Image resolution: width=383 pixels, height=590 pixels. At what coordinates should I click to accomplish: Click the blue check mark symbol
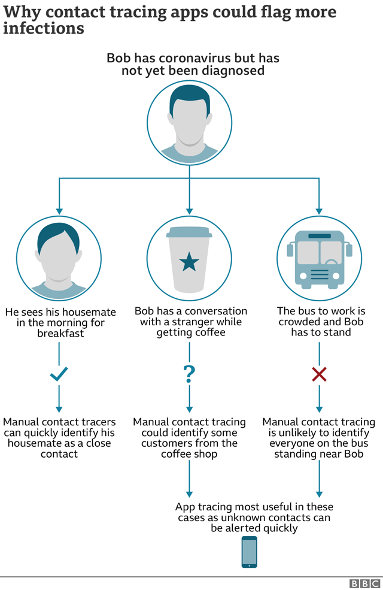(59, 375)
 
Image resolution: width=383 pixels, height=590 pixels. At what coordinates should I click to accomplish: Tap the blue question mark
(189, 374)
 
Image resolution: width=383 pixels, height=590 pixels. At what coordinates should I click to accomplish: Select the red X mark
(319, 375)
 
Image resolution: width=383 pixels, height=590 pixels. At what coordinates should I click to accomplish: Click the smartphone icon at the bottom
(250, 552)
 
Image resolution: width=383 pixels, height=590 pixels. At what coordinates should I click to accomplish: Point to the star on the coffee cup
(189, 262)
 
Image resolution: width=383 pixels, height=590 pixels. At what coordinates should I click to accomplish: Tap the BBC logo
(364, 583)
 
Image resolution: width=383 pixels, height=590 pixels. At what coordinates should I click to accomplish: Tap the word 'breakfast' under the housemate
(59, 334)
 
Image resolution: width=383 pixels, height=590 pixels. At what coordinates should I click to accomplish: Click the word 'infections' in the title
(43, 28)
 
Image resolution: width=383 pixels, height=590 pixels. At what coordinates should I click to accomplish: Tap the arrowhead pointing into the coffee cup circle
(189, 211)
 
